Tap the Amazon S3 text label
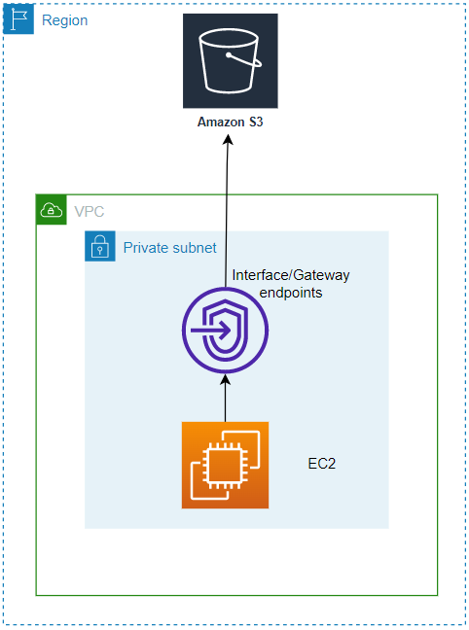pos(230,122)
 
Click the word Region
pos(65,19)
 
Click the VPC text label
pos(89,210)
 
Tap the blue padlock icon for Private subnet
pos(99,246)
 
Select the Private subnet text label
pos(169,248)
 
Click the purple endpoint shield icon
pos(226,331)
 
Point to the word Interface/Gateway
pos(291,276)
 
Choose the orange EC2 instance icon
pos(225,465)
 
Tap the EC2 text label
pos(322,465)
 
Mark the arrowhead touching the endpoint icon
pos(226,381)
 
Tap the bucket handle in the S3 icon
pos(243,58)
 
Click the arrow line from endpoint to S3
pos(228,214)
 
